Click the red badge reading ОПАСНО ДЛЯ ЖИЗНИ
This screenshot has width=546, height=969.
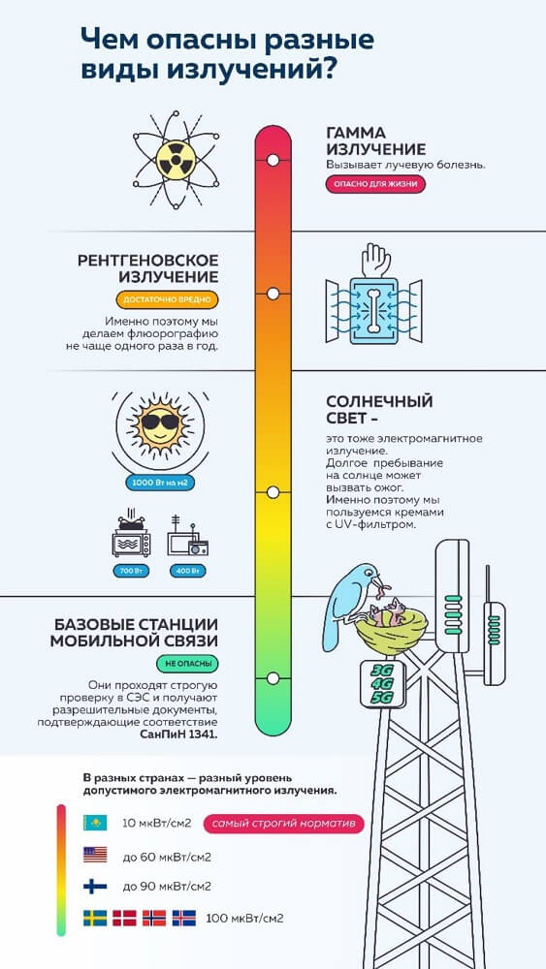click(x=375, y=184)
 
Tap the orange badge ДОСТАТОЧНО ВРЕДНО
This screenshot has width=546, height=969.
click(x=167, y=300)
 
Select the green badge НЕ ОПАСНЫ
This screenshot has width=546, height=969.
click(x=187, y=665)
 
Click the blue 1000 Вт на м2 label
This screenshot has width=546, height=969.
click(x=157, y=482)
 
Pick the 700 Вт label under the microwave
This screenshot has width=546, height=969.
click(x=131, y=571)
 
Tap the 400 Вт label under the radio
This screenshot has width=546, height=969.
click(x=188, y=571)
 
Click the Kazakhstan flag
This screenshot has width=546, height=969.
click(x=95, y=823)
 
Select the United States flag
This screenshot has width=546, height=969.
click(x=95, y=855)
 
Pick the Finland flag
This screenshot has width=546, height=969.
click(x=95, y=887)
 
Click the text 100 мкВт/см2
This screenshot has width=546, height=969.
click(x=244, y=918)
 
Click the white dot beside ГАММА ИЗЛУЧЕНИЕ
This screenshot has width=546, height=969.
click(x=273, y=160)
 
